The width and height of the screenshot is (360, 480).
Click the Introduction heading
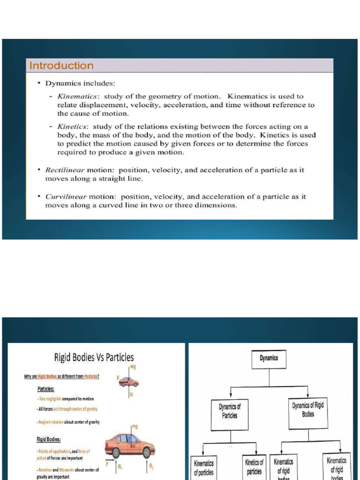61,66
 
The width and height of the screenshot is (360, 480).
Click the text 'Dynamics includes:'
80,83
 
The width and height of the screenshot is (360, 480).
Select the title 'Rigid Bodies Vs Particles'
94,358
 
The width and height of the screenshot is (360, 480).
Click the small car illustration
129,382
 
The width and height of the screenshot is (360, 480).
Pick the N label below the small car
131,395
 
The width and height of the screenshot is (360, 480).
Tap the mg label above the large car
135,427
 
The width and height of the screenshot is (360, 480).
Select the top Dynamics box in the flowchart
269,359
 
